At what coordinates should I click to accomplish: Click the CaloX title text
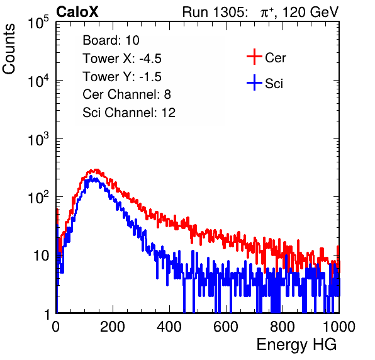pos(77,12)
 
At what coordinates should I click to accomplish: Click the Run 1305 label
pos(215,12)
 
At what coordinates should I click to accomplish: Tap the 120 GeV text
pos(310,12)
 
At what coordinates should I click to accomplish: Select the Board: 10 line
pos(111,40)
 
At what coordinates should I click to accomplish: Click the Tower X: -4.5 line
pos(122,59)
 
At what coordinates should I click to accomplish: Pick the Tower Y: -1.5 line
pos(122,77)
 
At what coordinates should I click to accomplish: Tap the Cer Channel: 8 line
pos(126,94)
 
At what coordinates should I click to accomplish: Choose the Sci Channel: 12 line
pos(129,113)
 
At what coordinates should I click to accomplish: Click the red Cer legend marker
pos(254,57)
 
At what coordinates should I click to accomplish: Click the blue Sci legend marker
pos(254,83)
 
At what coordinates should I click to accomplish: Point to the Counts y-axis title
pos(9,49)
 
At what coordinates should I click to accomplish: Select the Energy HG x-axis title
pos(296,344)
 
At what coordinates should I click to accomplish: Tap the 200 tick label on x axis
pos(113,327)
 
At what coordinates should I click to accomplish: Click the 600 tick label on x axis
pos(226,327)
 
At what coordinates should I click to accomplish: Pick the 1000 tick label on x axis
pos(339,327)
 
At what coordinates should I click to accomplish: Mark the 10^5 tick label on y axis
pos(38,23)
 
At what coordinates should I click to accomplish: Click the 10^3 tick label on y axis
pos(38,139)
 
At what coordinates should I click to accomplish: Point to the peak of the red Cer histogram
pos(96,170)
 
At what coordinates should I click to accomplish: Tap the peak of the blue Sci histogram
pos(91,176)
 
